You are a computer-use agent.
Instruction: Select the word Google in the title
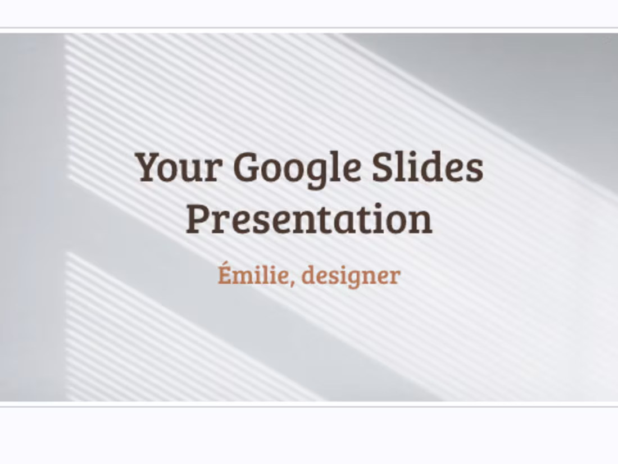[x=297, y=169]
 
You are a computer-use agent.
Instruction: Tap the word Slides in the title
[x=428, y=167]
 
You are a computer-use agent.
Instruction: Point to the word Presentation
[x=309, y=219]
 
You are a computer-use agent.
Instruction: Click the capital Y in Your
[x=147, y=167]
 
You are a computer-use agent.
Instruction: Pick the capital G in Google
[x=246, y=167]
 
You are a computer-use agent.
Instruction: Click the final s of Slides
[x=475, y=170]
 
